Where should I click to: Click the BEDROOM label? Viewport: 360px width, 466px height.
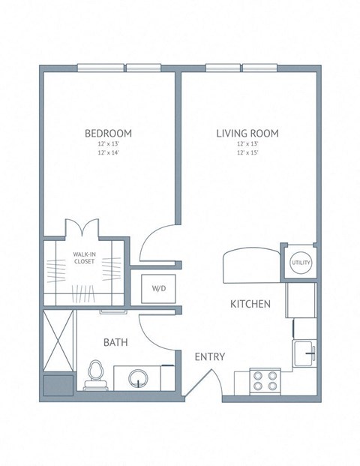pos(109,134)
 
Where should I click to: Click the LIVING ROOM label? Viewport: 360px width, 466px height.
pos(247,134)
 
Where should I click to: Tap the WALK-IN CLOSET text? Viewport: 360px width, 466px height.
pos(83,258)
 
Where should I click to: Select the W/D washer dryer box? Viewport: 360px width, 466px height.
pos(159,287)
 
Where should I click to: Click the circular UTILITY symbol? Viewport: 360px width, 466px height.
pos(299,263)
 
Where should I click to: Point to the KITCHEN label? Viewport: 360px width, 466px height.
pos(250,304)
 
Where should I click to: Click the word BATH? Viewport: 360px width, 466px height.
pos(115,342)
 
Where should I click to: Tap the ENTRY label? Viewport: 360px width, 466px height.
pos(210,356)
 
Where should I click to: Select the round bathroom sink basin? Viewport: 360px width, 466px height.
pos(139,377)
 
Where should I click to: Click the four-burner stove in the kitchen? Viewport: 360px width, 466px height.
pos(264,381)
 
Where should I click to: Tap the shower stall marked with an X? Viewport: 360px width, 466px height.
pos(58,339)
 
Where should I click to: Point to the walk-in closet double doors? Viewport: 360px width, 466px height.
pos(82,228)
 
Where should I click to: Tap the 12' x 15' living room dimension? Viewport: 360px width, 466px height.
pos(247,152)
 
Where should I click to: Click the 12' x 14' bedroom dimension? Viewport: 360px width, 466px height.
pos(109,152)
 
